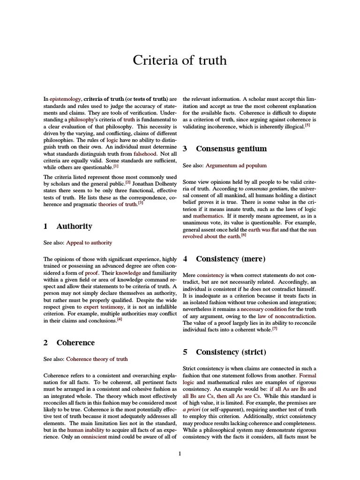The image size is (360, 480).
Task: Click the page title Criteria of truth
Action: tap(180, 60)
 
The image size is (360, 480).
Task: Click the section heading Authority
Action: tap(74, 226)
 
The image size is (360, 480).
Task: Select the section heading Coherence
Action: tap(75, 343)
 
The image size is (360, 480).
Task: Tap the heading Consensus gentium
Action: tap(231, 149)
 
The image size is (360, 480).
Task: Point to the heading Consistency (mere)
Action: tap(231, 259)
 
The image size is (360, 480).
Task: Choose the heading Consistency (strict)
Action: tap(231, 352)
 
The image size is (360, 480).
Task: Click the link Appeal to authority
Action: tap(89, 243)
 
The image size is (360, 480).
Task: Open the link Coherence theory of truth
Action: tap(97, 359)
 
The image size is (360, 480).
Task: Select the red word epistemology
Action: tap(66, 99)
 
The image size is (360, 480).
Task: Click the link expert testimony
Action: tap(104, 306)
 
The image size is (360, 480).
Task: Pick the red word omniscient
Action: tap(82, 437)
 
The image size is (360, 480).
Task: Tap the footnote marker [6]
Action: tap(244, 235)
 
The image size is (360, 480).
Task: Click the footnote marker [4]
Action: tap(120, 320)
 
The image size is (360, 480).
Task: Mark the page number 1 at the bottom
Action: tap(180, 453)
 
